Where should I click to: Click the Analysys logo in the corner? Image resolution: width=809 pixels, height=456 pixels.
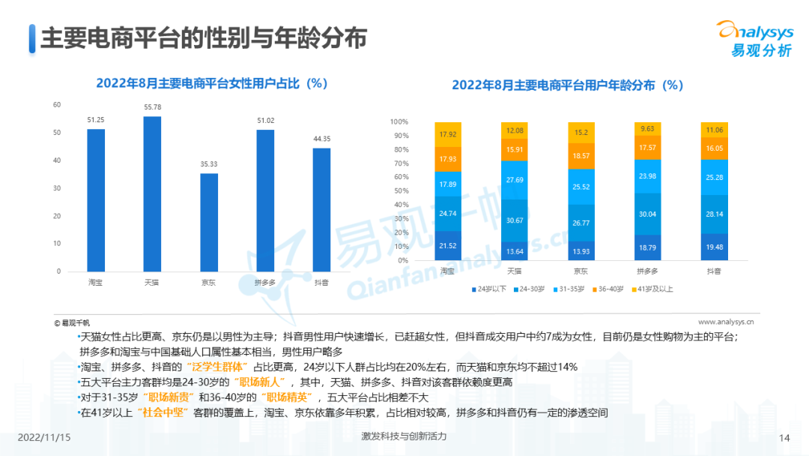point(754,37)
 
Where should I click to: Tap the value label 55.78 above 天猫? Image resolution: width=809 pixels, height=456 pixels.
point(152,108)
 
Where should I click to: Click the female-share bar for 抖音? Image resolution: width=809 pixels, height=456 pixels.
point(321,209)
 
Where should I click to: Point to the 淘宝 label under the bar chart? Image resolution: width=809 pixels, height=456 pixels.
point(95,283)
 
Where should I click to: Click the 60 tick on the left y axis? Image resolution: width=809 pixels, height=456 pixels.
point(57,105)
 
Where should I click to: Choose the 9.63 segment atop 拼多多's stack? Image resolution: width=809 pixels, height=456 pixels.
point(646,129)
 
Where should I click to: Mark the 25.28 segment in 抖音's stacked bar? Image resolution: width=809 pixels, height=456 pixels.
point(713,177)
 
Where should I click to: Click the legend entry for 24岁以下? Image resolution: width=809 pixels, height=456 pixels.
point(491,289)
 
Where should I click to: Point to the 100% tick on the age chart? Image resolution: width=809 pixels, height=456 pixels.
point(419,122)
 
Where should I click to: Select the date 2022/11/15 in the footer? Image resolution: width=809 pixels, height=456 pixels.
point(43,437)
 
